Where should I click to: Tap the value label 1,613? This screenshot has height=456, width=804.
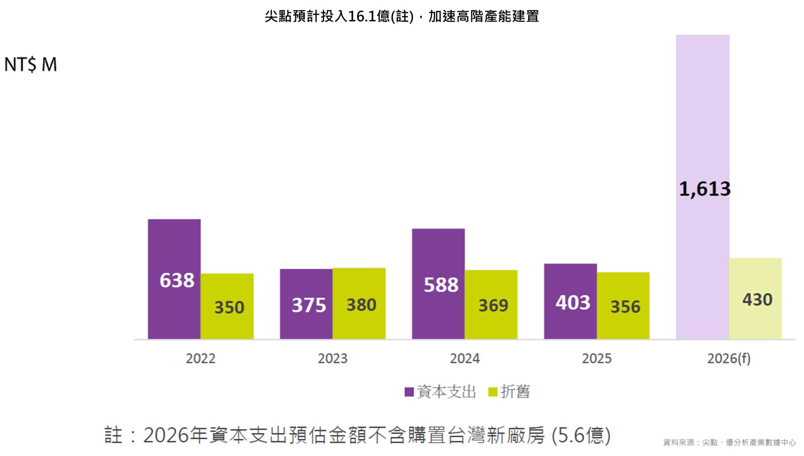pyautogui.click(x=705, y=189)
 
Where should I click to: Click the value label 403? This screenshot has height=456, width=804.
pyautogui.click(x=572, y=303)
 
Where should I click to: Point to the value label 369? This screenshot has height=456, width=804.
pyautogui.click(x=493, y=306)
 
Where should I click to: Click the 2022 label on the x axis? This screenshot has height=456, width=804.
pyautogui.click(x=201, y=359)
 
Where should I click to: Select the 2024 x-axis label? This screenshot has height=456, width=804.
pyautogui.click(x=465, y=359)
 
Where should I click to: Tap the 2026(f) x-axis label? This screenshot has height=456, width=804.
pyautogui.click(x=729, y=359)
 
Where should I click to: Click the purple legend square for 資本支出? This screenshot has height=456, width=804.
pyautogui.click(x=409, y=392)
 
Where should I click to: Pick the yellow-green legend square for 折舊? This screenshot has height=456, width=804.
pyautogui.click(x=493, y=392)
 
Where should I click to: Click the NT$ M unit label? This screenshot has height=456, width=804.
pyautogui.click(x=31, y=64)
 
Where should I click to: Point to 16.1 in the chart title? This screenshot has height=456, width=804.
pyautogui.click(x=362, y=16)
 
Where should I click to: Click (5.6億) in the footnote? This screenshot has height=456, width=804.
pyautogui.click(x=581, y=435)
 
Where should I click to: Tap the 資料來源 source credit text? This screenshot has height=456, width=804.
pyautogui.click(x=729, y=443)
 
